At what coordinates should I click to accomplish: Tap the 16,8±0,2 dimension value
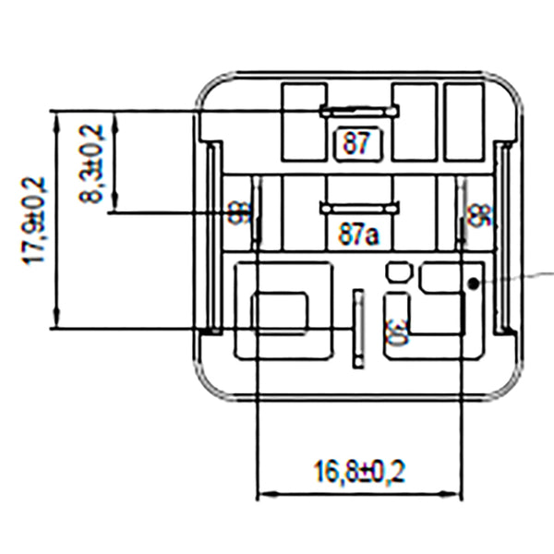tap(359, 472)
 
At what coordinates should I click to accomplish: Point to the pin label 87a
tap(358, 235)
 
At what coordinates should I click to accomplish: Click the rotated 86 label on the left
tap(239, 215)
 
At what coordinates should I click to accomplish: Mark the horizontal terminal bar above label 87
tap(359, 112)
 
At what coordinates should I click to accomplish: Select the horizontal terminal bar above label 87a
tap(358, 209)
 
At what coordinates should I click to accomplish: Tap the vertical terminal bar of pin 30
tap(359, 328)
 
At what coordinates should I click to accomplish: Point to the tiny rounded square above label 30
tap(397, 271)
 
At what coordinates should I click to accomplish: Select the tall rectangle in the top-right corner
tap(464, 121)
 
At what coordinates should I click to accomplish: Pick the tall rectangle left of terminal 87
tap(304, 121)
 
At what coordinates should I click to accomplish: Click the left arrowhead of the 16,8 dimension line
tap(261, 495)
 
